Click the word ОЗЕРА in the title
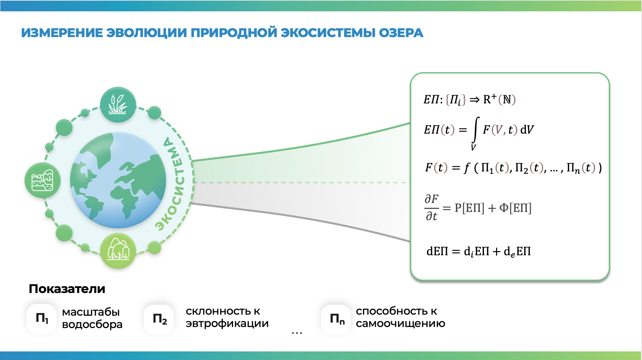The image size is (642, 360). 401,33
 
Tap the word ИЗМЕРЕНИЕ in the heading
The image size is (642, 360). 62,33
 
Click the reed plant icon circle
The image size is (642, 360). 118,105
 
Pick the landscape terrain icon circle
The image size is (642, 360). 43,180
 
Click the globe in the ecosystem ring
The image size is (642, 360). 118,180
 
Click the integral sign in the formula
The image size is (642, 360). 475,130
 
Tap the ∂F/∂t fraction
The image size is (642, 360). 432,207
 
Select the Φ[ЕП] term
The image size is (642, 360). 515,208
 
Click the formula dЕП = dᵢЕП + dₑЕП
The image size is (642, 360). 479,251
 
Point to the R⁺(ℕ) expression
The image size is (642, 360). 499,100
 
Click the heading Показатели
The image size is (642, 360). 67,289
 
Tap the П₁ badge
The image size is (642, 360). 42,318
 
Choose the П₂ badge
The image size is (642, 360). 159,319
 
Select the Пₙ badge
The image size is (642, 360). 336,319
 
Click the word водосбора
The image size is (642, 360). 92,324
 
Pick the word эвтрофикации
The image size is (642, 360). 227,324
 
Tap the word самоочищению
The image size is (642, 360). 400,324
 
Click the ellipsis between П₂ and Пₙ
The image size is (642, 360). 297,333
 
